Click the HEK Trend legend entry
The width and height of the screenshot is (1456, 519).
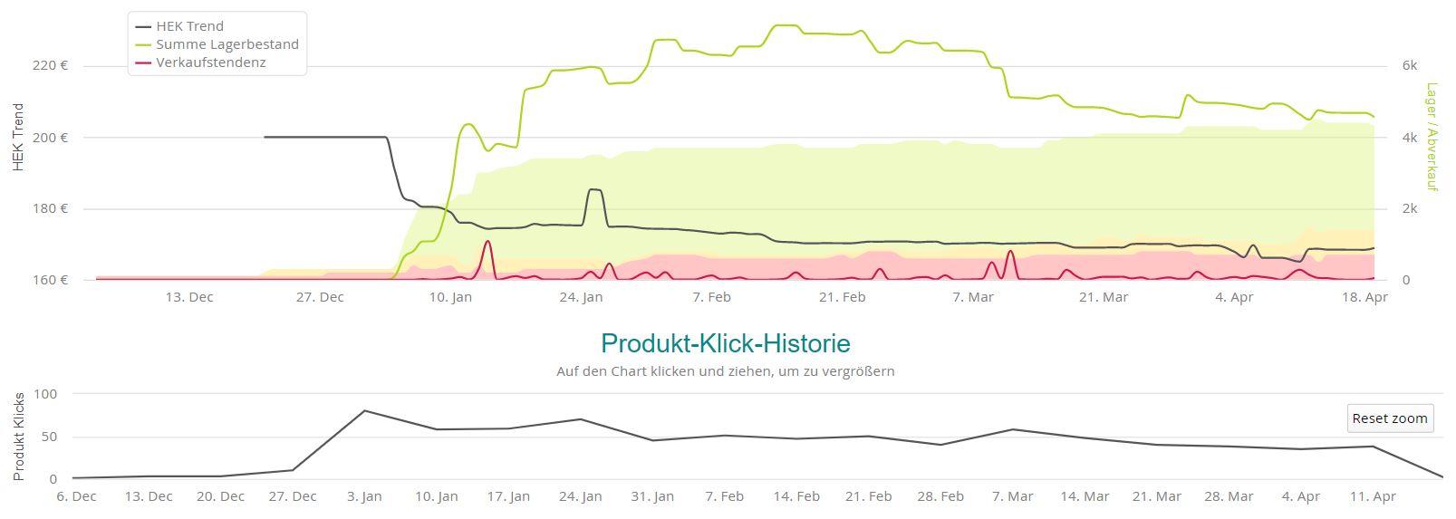coord(189,26)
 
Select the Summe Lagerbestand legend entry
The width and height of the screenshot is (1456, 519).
coord(227,44)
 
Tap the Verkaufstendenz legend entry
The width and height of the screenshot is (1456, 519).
coord(210,62)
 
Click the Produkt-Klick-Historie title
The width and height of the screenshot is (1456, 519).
coord(725,344)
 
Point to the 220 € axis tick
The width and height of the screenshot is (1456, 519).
coord(51,65)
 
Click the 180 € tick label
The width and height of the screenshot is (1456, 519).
coord(51,208)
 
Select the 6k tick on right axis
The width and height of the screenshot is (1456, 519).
coord(1409,65)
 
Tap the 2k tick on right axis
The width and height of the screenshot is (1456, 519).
coord(1409,208)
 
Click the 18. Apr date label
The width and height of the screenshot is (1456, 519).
coord(1364,297)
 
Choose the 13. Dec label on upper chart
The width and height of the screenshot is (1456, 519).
coord(189,297)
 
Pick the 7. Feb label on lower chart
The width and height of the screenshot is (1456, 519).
coord(724,496)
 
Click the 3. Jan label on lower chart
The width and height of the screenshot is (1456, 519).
coord(364,496)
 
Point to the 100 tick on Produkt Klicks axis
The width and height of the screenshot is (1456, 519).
coord(45,394)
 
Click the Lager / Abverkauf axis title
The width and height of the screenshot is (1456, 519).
coord(1432,137)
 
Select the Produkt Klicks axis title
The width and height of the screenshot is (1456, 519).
coord(19,437)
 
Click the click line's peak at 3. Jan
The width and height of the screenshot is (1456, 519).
coord(364,411)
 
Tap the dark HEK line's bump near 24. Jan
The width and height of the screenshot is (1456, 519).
coord(595,190)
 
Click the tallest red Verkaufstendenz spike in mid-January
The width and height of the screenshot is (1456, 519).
coord(488,242)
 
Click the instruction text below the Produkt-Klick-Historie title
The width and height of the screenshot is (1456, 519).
coord(725,371)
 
